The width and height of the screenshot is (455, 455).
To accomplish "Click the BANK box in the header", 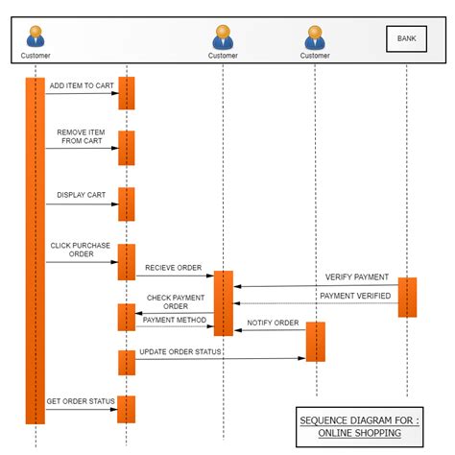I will pyautogui.click(x=406, y=39).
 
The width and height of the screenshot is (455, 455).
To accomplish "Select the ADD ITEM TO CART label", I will pyautogui.click(x=81, y=85).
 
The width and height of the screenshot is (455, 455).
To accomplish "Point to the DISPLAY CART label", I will pyautogui.click(x=81, y=195).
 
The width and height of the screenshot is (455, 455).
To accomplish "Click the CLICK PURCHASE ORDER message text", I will pyautogui.click(x=81, y=250).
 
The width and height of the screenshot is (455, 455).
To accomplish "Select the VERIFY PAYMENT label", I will pyautogui.click(x=356, y=276).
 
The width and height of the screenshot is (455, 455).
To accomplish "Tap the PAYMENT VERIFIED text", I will pyautogui.click(x=355, y=296).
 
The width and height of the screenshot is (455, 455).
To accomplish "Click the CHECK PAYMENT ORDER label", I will pyautogui.click(x=175, y=302).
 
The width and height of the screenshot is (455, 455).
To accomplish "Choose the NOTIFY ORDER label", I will pyautogui.click(x=273, y=323).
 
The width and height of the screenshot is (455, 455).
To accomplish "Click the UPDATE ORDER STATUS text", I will pyautogui.click(x=180, y=351).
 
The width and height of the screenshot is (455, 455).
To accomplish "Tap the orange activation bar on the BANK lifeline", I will pyautogui.click(x=407, y=297).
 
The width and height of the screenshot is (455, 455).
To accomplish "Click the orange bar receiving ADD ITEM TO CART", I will pyautogui.click(x=126, y=93).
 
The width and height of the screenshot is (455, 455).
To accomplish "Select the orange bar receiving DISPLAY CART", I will pyautogui.click(x=126, y=204).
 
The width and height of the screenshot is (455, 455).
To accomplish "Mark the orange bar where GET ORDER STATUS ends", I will pyautogui.click(x=126, y=409).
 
